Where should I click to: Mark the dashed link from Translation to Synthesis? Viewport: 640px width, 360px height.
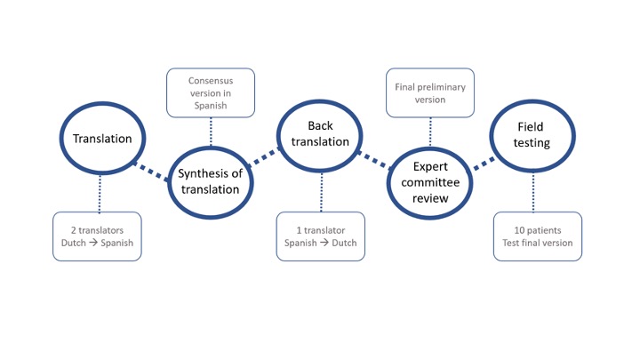[x=151, y=172]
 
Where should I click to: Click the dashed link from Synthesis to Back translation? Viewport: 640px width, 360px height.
[x=265, y=156]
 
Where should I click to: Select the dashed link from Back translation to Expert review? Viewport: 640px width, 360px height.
[x=374, y=160]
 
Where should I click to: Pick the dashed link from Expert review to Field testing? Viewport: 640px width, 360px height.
[x=484, y=164]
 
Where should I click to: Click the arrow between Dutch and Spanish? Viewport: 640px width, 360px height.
[x=93, y=243]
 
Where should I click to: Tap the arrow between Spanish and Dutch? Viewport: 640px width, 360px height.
[x=324, y=243]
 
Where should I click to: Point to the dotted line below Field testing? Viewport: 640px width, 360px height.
[x=533, y=192]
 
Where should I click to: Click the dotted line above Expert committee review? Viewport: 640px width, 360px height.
[x=430, y=132]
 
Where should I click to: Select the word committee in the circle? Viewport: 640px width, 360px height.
[x=430, y=182]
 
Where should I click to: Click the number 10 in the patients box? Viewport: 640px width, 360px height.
[x=519, y=230]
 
